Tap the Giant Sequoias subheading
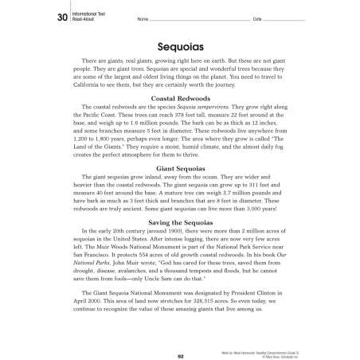(180, 169)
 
